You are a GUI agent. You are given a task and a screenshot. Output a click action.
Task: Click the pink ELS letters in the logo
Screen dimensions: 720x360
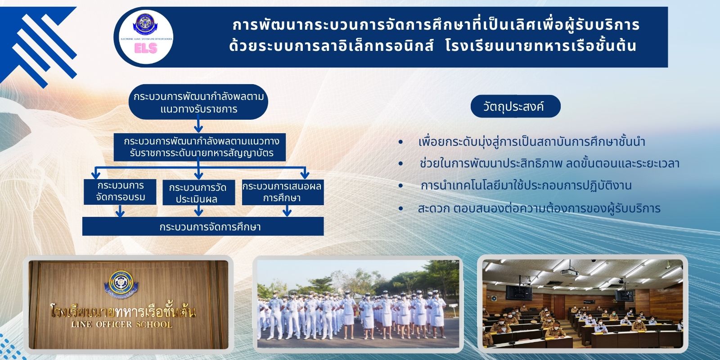click(146, 48)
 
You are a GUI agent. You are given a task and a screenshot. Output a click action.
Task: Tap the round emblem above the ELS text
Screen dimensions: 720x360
click(145, 23)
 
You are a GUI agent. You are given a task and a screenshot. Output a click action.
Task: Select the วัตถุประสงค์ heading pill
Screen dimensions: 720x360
click(515, 106)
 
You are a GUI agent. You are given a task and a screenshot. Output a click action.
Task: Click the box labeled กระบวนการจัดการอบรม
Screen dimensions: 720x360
click(120, 192)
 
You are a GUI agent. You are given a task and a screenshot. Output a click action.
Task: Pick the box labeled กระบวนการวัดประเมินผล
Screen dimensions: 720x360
click(198, 193)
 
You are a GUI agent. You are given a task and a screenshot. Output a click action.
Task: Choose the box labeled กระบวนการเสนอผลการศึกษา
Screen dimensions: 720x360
click(283, 192)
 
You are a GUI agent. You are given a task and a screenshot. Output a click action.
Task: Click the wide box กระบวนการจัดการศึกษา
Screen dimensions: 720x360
click(203, 226)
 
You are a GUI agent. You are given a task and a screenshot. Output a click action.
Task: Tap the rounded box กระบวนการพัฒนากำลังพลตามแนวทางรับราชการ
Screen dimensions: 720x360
click(198, 102)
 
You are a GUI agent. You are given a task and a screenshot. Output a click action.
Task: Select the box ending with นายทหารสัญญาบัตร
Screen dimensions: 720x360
click(200, 147)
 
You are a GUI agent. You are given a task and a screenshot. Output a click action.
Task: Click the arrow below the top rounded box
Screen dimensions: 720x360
click(198, 126)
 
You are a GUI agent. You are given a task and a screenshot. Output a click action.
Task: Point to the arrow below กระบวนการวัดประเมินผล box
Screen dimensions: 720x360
click(198, 211)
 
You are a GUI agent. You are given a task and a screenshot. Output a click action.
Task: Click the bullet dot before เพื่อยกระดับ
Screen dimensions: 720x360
click(400, 142)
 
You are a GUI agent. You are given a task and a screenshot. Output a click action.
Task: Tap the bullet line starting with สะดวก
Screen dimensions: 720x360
click(539, 208)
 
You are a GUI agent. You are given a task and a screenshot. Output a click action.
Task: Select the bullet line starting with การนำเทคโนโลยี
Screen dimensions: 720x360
click(526, 186)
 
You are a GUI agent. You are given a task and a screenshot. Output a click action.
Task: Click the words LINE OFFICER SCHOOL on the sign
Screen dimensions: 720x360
click(122, 324)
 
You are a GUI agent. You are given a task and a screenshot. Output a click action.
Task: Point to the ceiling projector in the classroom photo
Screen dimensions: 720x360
click(569, 272)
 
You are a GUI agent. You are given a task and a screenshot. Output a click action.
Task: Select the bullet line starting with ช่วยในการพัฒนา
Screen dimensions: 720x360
click(549, 164)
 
